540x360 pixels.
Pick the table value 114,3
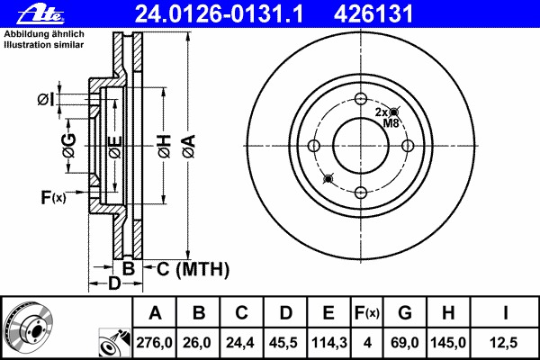pos(328,342)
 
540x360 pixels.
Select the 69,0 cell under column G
pos(404,342)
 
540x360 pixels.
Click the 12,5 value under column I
pos(505,342)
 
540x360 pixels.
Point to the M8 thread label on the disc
pos(391,122)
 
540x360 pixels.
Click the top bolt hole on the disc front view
pos(361,100)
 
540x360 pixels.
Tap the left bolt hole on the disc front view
pos(314,146)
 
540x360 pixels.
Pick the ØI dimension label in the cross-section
pos(48,98)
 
